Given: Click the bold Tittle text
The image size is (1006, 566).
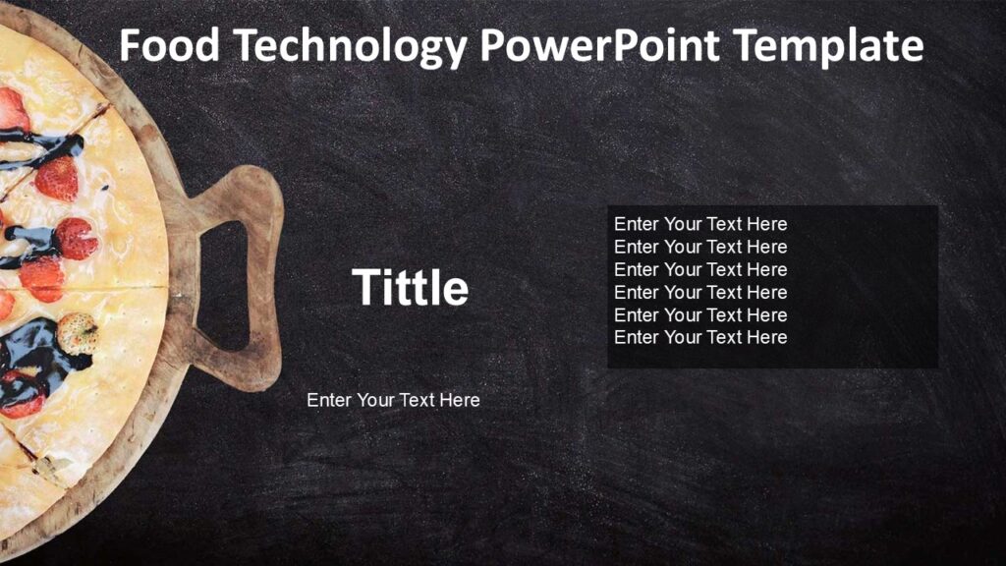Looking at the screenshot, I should [410, 287].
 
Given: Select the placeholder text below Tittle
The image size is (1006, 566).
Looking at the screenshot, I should [393, 400].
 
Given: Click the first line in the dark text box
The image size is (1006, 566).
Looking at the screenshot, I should [700, 224].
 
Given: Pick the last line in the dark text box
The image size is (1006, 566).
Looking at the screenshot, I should [700, 337].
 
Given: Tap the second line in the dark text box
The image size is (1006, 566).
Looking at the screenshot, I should [700, 247].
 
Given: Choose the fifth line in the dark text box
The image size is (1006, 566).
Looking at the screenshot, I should [700, 314].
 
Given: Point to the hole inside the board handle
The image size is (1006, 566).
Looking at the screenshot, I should [225, 285].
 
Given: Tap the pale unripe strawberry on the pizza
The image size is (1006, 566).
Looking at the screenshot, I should [78, 331].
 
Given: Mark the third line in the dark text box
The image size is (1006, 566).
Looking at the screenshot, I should [700, 269].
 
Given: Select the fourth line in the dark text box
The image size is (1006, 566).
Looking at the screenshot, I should [700, 292].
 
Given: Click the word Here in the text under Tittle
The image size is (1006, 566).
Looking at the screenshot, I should [460, 400].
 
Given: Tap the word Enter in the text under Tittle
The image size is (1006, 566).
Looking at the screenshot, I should [329, 400].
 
